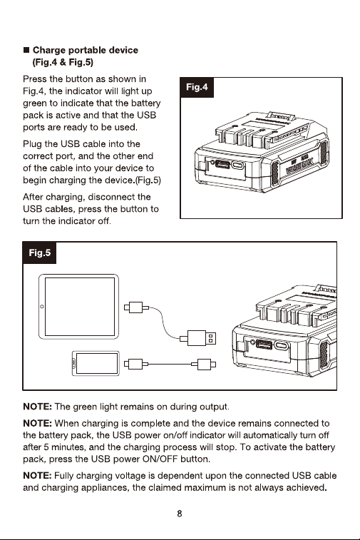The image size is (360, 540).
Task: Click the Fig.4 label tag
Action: click(197, 87)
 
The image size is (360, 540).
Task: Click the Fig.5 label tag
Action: click(40, 253)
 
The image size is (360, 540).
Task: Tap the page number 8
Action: click(180, 514)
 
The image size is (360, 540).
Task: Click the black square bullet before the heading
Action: click(26, 50)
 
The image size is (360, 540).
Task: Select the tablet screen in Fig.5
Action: click(80, 307)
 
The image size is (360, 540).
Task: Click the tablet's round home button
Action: click(42, 307)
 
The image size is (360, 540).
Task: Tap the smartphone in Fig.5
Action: click(96, 363)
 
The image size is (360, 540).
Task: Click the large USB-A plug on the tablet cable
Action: click(202, 338)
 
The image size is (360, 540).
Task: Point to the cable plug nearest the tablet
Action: click(136, 307)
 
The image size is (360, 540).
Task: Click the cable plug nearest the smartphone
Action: click(136, 364)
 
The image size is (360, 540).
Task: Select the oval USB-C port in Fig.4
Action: click(238, 165)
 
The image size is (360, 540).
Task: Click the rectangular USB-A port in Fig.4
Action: click(222, 163)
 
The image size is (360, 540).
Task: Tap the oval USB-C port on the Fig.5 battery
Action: click(281, 346)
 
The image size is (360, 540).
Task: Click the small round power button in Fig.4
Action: click(212, 162)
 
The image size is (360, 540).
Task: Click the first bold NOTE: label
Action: click(38, 407)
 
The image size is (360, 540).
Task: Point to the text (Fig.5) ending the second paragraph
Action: click(148, 180)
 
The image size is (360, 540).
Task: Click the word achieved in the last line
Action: click(305, 488)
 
